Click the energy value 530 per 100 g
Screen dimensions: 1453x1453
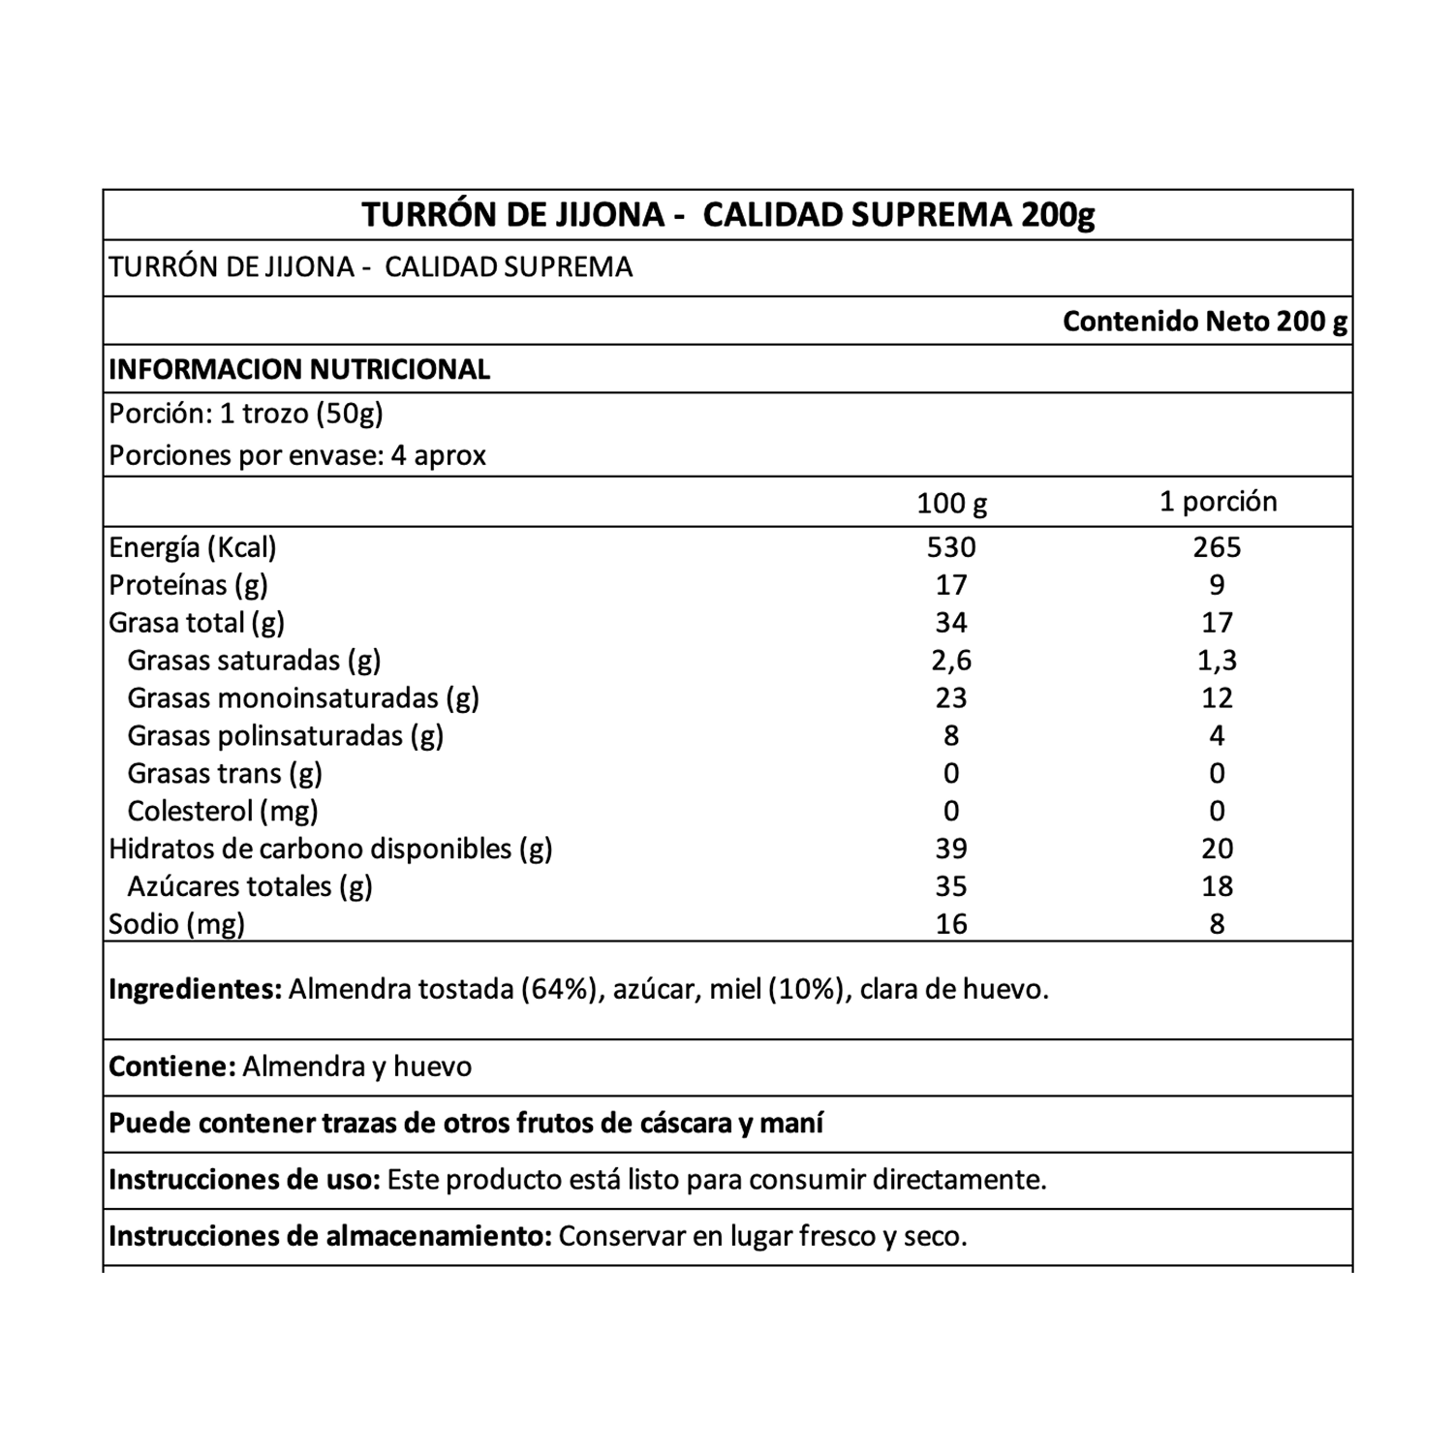(951, 548)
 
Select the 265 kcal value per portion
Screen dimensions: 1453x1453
(1217, 548)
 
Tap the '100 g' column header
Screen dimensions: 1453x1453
(951, 503)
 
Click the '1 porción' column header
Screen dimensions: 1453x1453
(1218, 502)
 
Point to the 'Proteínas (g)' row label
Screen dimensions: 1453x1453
(188, 586)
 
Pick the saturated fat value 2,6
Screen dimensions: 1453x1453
(951, 661)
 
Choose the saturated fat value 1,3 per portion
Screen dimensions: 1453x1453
(1217, 661)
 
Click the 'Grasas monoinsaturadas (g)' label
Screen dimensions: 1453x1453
(303, 698)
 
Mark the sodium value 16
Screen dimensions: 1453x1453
(951, 924)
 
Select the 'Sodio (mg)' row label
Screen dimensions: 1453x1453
(176, 925)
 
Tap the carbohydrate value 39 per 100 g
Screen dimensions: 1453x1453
(951, 849)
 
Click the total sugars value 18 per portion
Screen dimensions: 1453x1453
(1217, 886)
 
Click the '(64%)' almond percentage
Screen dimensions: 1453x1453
(558, 990)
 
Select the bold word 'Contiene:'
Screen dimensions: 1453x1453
(172, 1067)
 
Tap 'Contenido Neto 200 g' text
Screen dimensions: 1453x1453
(1204, 322)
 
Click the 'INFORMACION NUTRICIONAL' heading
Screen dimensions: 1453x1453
(299, 370)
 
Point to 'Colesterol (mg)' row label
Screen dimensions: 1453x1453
(223, 812)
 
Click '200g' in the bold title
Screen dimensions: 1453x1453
(1058, 215)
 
